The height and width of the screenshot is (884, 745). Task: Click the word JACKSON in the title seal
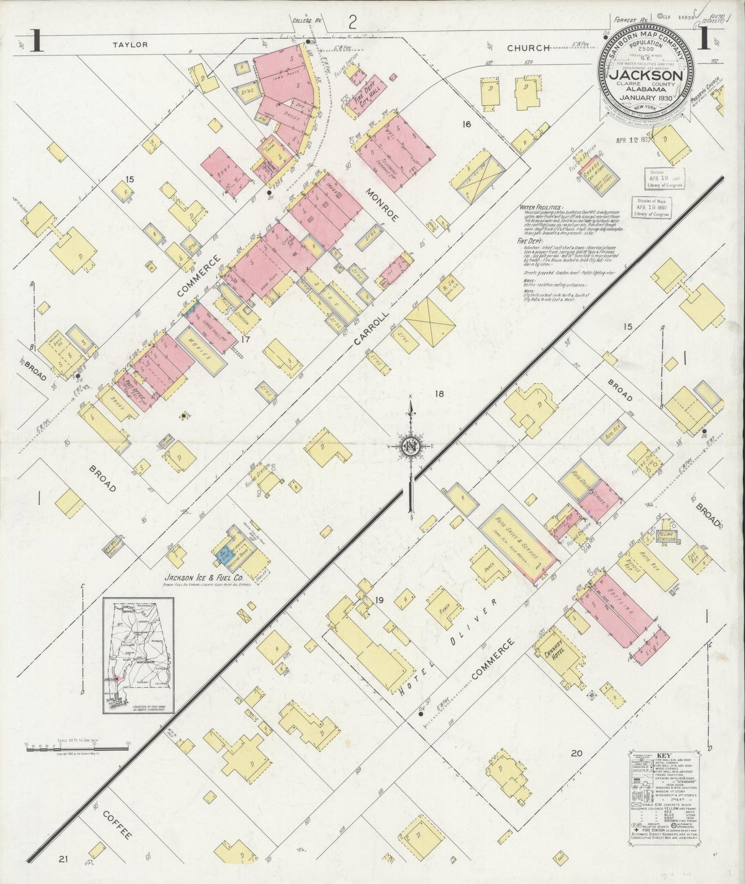coord(647,75)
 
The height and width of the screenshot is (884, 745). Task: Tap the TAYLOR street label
coord(130,45)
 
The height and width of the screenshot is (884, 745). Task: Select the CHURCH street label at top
coord(528,48)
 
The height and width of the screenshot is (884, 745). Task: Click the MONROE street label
coord(382,205)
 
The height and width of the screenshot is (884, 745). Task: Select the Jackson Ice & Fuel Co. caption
coord(204,578)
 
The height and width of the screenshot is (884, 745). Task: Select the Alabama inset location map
coord(138,655)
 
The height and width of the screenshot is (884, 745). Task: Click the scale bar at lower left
coord(76,747)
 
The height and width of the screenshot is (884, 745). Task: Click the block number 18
coord(439,394)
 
